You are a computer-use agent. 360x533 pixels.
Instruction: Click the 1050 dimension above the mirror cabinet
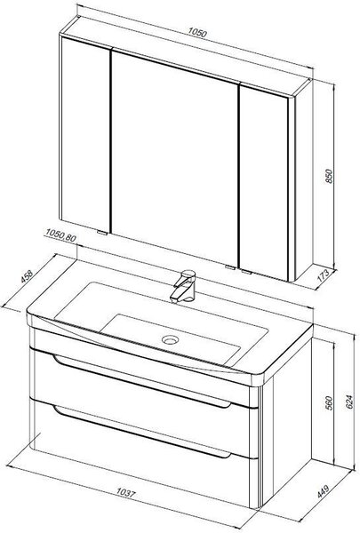197,33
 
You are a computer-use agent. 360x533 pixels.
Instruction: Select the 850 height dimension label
330,176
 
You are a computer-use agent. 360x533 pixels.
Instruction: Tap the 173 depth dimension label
323,275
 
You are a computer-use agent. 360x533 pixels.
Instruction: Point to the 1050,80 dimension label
60,235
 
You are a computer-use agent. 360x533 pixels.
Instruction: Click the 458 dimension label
27,276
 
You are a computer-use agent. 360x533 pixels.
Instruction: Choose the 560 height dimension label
330,402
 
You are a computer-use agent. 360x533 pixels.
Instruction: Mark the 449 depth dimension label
323,491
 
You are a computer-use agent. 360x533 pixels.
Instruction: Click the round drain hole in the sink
170,339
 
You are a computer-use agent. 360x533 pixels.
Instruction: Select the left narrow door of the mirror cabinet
85,134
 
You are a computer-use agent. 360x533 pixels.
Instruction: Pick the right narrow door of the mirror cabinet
264,183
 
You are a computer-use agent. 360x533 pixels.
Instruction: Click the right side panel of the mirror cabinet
303,180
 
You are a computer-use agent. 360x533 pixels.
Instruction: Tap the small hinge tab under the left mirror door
102,233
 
